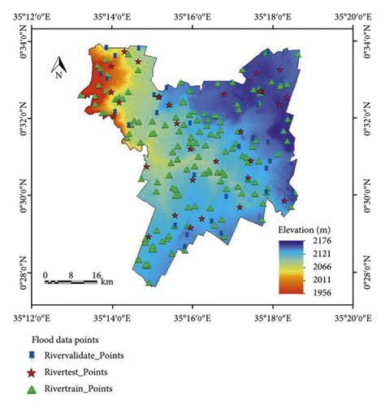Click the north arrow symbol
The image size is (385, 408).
click(x=58, y=62)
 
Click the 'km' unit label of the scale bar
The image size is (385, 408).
click(x=107, y=281)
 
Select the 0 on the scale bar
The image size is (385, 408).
click(x=46, y=273)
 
